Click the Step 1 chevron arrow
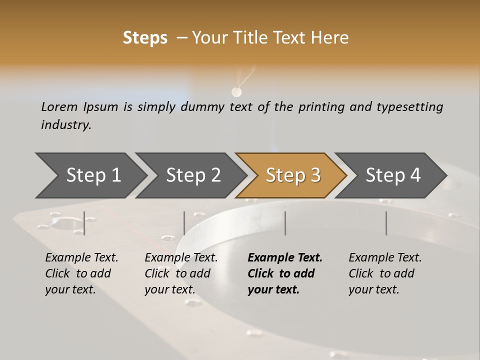tap(90, 175)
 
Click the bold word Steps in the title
tap(145, 37)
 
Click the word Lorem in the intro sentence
tap(59, 106)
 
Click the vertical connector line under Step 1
tap(84, 223)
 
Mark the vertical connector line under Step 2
tap(184, 223)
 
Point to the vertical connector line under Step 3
tap(285, 223)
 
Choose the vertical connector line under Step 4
tap(386, 223)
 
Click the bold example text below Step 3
tap(285, 273)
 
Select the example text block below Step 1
tap(81, 273)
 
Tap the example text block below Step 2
tap(181, 273)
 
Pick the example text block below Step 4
tap(385, 273)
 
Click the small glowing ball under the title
tap(236, 91)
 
